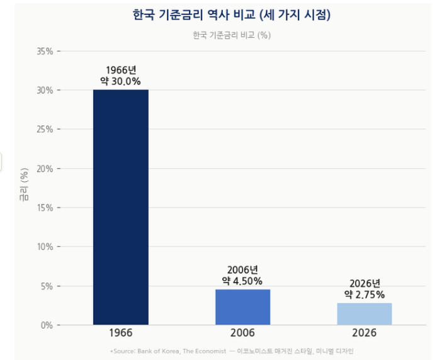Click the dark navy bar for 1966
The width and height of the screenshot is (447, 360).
pyautogui.click(x=120, y=207)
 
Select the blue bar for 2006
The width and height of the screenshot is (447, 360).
pyautogui.click(x=242, y=307)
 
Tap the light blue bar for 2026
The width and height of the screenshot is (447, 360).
pyautogui.click(x=364, y=314)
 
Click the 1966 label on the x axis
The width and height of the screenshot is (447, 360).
pyautogui.click(x=120, y=333)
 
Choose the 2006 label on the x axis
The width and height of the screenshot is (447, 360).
pyautogui.click(x=242, y=333)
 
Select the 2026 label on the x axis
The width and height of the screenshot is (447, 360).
pyautogui.click(x=364, y=333)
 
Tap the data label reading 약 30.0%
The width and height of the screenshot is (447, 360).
pyautogui.click(x=120, y=81)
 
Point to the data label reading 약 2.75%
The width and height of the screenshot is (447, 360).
pyautogui.click(x=364, y=294)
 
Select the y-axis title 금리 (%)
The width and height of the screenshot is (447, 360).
pyautogui.click(x=24, y=184)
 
